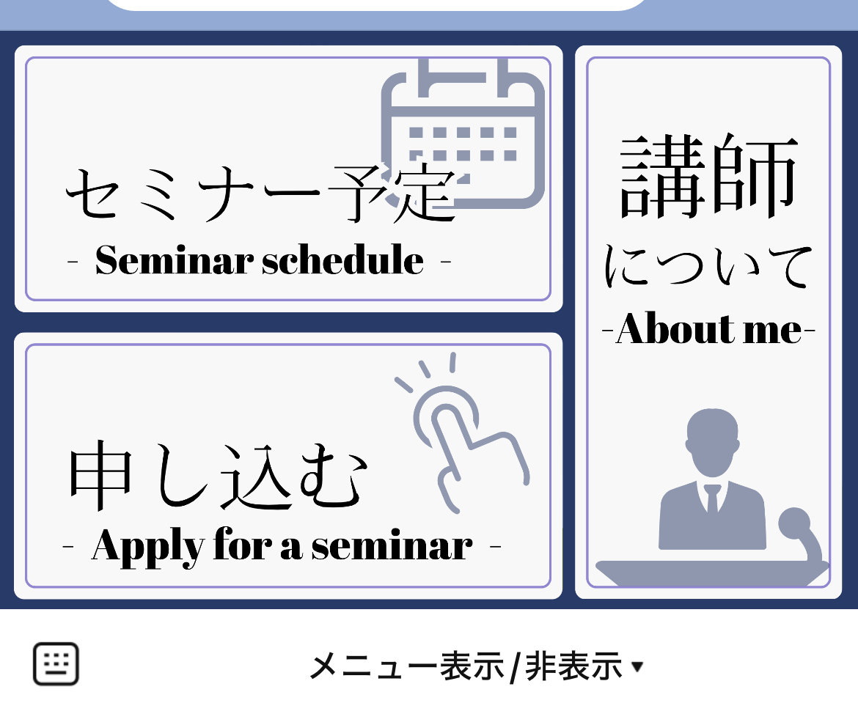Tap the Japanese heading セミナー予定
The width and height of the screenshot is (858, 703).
click(260, 195)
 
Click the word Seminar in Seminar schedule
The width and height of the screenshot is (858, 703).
click(174, 260)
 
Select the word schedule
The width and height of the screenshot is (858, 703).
click(342, 260)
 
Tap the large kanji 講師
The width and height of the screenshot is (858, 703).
click(708, 176)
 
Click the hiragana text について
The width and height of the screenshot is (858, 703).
click(708, 268)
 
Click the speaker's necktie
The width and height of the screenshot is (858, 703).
click(712, 499)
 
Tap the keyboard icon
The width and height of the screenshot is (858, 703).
click(56, 664)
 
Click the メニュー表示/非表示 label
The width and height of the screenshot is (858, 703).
click(466, 666)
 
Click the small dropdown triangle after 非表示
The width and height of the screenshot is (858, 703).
click(637, 666)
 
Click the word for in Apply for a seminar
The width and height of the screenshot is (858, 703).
click(241, 546)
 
